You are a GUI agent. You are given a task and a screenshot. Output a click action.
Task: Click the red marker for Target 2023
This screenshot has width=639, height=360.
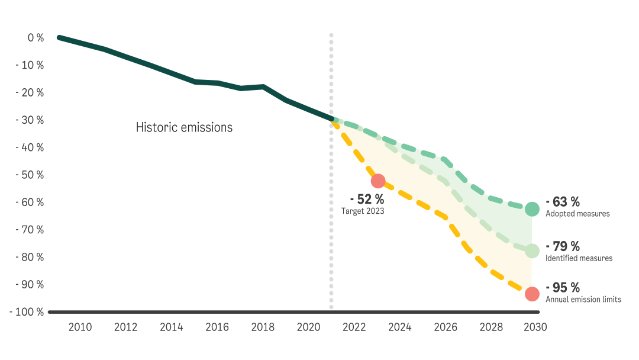click(378, 181)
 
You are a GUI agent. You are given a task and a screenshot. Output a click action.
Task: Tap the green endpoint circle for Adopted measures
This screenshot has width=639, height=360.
click(532, 209)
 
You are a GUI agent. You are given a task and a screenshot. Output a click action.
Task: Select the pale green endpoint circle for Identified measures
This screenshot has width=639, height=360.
click(532, 251)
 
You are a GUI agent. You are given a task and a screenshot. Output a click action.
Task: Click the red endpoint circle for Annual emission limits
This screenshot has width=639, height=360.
click(532, 294)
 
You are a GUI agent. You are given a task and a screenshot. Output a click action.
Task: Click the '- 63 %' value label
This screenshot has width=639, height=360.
click(562, 202)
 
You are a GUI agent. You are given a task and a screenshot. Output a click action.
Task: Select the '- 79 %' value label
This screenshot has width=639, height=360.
click(562, 246)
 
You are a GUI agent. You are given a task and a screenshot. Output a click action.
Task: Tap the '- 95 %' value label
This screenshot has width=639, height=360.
click(562, 288)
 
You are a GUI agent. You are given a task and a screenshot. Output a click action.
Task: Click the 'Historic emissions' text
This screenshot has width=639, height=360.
click(184, 127)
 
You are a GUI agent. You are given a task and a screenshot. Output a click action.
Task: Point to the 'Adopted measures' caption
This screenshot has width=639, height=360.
click(577, 214)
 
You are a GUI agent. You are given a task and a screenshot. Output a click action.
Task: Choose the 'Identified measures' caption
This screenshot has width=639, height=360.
click(579, 258)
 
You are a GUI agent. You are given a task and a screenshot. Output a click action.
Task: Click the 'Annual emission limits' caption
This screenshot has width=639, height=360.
click(583, 300)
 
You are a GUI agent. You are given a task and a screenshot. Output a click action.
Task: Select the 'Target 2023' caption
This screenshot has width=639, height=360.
click(363, 211)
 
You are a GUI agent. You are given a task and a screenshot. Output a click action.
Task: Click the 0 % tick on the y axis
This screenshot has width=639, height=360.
click(35, 38)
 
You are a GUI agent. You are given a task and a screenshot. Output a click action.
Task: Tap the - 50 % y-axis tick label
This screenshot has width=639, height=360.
click(30, 175)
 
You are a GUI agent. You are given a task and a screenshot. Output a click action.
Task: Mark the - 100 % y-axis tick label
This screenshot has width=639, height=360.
click(27, 311)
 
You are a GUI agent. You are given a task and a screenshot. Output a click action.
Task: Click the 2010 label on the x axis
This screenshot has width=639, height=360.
click(80, 327)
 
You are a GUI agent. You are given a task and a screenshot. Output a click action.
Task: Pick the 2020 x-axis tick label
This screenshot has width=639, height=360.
click(308, 327)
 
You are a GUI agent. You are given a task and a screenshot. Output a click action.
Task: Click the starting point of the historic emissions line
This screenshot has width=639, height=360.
click(59, 37)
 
